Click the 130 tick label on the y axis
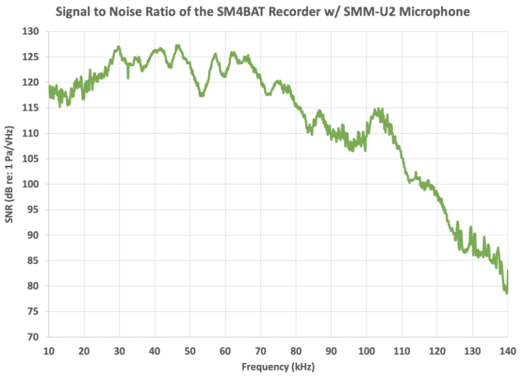coord(32,31)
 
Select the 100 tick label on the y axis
coord(32,184)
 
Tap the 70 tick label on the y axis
coord(34,337)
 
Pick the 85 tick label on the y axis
coord(34,261)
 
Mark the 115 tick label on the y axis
coord(32,108)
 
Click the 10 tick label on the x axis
coord(48,350)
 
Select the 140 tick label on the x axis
coord(508,350)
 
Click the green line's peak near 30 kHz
coord(119,47)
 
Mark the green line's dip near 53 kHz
coord(201,95)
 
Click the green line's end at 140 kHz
coord(508,272)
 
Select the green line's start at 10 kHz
coord(49,87)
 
